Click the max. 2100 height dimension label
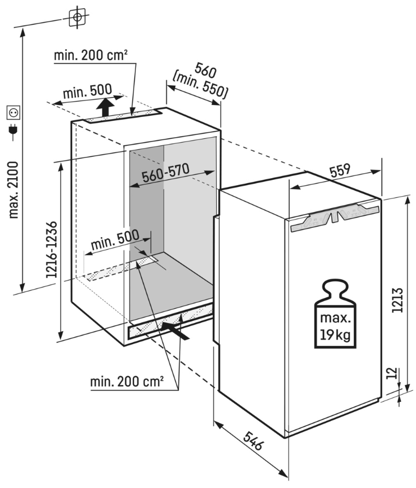pyautogui.click(x=14, y=188)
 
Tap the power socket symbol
pyautogui.click(x=13, y=113)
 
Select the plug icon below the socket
pyautogui.click(x=13, y=131)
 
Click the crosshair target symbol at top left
pyautogui.click(x=78, y=17)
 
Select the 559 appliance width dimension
pyautogui.click(x=339, y=171)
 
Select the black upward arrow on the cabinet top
pyautogui.click(x=107, y=105)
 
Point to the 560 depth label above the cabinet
pyautogui.click(x=206, y=72)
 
